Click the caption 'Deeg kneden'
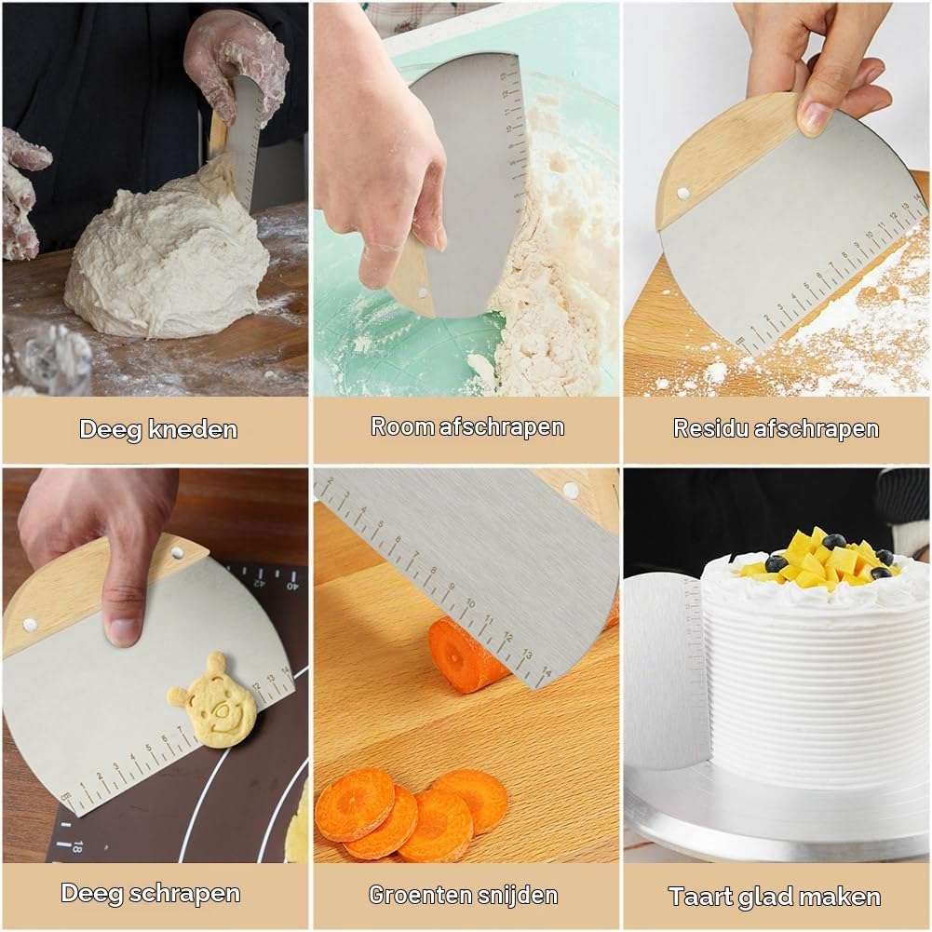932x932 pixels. [x=158, y=429]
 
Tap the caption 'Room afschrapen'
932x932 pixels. [x=467, y=427]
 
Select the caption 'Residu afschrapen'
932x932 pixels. [x=776, y=428]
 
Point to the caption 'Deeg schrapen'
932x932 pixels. [x=151, y=894]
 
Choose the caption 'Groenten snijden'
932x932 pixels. [x=463, y=895]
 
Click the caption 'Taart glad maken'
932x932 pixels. [x=775, y=897]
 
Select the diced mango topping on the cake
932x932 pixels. [x=818, y=558]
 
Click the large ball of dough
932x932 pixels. [x=167, y=256]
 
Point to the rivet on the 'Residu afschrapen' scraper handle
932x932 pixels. [x=682, y=193]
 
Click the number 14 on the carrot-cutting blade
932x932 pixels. [x=545, y=673]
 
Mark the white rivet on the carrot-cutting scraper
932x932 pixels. [x=571, y=490]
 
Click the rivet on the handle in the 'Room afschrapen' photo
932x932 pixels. [x=423, y=291]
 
